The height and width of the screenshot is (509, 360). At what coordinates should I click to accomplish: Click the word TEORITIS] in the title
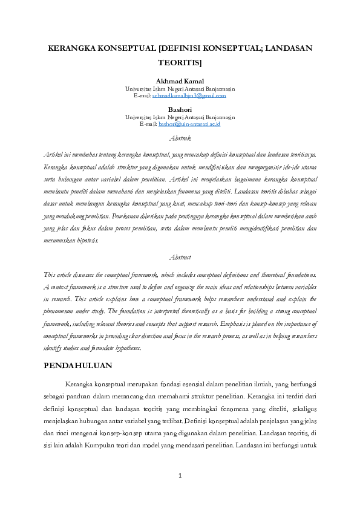180,62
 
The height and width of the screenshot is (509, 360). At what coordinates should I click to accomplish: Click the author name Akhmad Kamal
180,81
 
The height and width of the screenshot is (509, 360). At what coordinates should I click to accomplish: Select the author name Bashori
180,109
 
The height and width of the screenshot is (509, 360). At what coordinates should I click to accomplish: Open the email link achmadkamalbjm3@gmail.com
189,96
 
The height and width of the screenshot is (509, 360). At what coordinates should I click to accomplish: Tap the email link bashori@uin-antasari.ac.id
189,124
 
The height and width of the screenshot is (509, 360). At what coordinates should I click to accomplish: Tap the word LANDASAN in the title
289,47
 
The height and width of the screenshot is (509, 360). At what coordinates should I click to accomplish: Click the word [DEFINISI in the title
184,47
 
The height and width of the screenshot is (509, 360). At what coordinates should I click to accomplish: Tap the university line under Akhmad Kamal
180,88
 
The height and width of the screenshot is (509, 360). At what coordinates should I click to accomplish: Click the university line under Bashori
180,117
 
